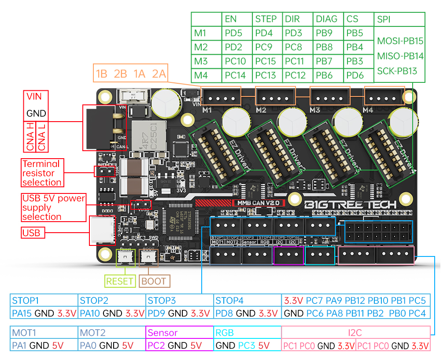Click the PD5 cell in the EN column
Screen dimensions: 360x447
tap(233, 33)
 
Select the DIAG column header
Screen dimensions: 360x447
tap(326, 19)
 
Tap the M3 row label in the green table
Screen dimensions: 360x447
tap(201, 61)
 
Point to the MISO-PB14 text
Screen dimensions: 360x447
tap(400, 56)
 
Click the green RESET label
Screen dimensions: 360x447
tap(120, 281)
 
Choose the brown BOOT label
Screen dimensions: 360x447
tap(154, 281)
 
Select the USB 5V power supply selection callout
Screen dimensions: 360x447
tap(53, 207)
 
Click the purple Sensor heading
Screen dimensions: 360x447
tap(163, 333)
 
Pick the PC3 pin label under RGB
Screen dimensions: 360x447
tap(246, 345)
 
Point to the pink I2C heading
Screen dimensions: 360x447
tap(355, 333)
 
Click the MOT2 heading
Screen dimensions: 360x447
tap(93, 333)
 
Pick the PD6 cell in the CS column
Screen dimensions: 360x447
tap(355, 75)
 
